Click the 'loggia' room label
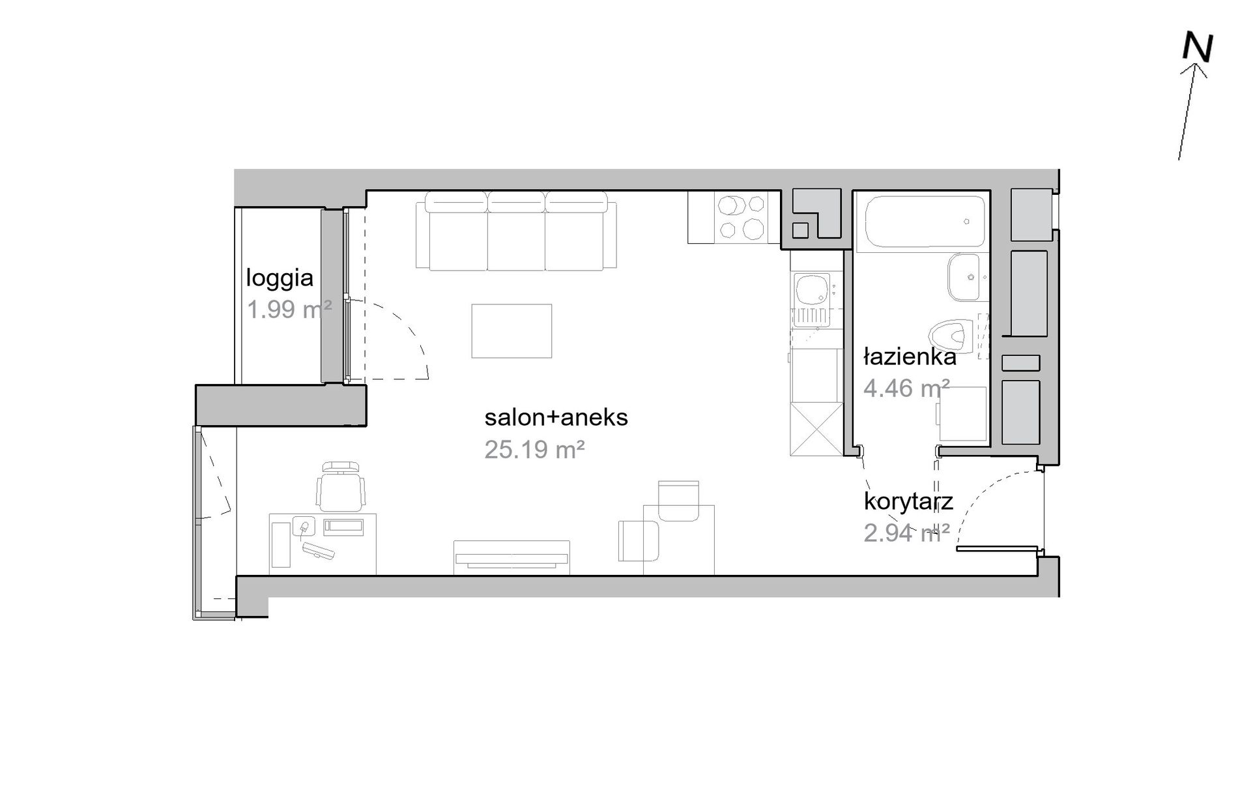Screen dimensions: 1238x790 coord(280,278)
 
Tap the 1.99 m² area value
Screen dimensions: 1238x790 coord(289,309)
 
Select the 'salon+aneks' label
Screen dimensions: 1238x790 coord(556,417)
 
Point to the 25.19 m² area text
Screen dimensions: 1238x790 coord(534,449)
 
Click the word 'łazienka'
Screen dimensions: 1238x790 coord(910,357)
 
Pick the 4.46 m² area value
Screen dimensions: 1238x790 coord(906,388)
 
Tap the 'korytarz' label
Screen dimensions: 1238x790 coord(908,501)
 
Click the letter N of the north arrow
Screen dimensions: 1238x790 coord(1198,48)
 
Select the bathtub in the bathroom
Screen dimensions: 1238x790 coord(924,222)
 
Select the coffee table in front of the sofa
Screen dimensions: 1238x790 coord(511,331)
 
